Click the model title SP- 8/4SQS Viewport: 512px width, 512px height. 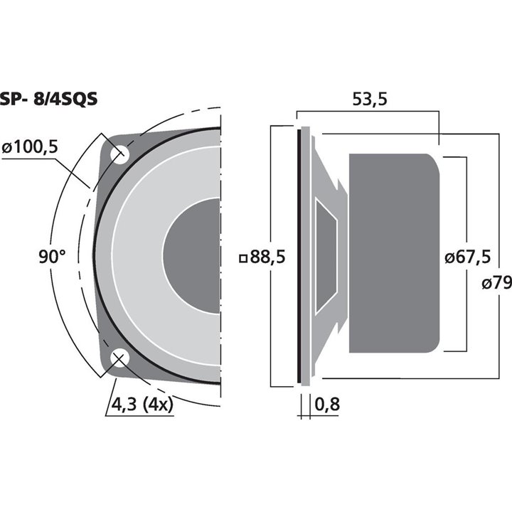pyautogui.click(x=49, y=100)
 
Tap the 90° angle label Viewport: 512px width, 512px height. pyautogui.click(x=52, y=257)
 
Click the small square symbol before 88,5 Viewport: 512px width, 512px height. pyautogui.click(x=244, y=258)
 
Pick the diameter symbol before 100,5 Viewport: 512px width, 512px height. pyautogui.click(x=7, y=148)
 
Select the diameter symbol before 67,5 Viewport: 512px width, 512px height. pyautogui.click(x=449, y=258)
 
